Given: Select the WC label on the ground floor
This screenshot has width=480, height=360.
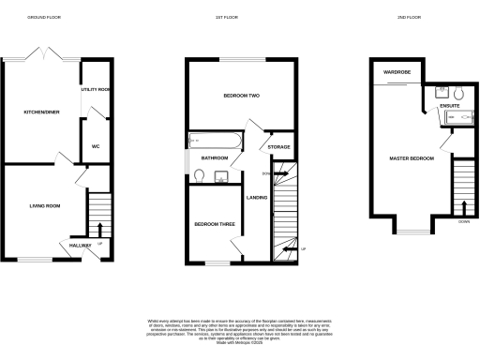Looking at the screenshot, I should [x=96, y=146].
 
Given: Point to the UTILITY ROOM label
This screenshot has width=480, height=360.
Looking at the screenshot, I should [x=97, y=89].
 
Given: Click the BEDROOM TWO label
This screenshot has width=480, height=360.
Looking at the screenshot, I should [x=239, y=96].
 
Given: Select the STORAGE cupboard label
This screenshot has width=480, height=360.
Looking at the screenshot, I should [x=278, y=147].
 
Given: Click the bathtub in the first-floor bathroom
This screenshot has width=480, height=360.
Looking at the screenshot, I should [x=215, y=140].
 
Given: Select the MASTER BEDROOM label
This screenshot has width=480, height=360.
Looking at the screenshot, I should [x=412, y=158].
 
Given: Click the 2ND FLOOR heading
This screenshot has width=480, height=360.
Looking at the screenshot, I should [x=407, y=17].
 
